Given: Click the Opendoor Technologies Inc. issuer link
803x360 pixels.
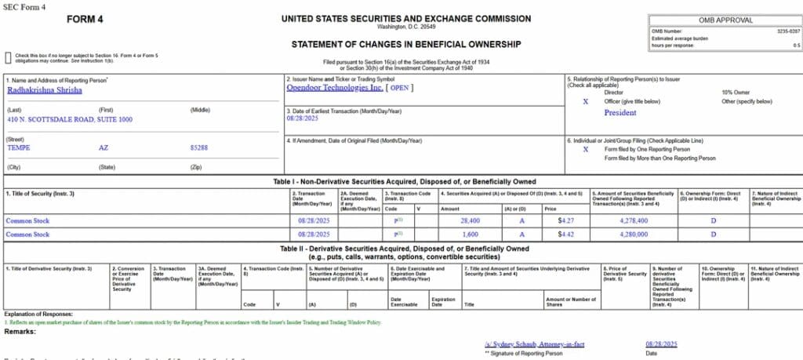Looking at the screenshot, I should point(334,88).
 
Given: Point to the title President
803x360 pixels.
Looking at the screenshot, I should point(620,112).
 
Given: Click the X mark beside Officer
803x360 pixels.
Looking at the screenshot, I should point(585,101).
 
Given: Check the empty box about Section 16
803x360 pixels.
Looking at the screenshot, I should point(8,56).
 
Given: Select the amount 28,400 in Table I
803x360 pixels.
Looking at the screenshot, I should point(470,221).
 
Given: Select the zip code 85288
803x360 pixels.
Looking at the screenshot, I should point(199,147).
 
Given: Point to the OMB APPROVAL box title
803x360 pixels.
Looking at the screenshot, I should point(725,20).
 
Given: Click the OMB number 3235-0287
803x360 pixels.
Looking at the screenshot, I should point(785,31).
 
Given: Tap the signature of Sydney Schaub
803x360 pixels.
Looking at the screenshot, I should point(530,344).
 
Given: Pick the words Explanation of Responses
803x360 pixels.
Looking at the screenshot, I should point(33,315).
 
